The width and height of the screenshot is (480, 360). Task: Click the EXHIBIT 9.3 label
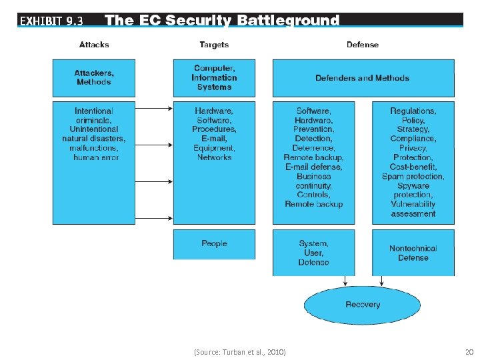pyautogui.click(x=51, y=21)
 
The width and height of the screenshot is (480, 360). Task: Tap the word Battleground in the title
pyautogui.click(x=288, y=21)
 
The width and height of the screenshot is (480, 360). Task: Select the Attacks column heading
pyautogui.click(x=94, y=45)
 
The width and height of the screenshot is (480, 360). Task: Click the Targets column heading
pyautogui.click(x=214, y=45)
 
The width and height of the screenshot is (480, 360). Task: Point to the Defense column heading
pyautogui.click(x=363, y=45)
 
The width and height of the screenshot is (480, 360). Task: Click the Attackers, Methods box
pyautogui.click(x=94, y=77)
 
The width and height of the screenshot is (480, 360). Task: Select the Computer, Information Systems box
pyautogui.click(x=214, y=77)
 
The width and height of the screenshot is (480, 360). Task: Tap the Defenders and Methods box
pyautogui.click(x=363, y=78)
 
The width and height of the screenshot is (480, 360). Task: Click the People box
pyautogui.click(x=214, y=244)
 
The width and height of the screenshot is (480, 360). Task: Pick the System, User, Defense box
pyautogui.click(x=313, y=253)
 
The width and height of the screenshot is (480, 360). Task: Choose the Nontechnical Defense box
pyautogui.click(x=413, y=253)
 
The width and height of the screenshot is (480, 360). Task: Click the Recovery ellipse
pyautogui.click(x=363, y=305)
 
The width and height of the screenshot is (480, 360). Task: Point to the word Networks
pyautogui.click(x=214, y=157)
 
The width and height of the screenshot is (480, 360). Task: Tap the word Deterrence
pyautogui.click(x=313, y=148)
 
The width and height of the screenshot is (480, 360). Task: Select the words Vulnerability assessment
pyautogui.click(x=413, y=209)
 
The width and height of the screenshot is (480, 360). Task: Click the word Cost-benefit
pyautogui.click(x=413, y=167)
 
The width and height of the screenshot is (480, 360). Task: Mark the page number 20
pyautogui.click(x=469, y=351)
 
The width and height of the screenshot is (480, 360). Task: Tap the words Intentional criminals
pyautogui.click(x=94, y=115)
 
